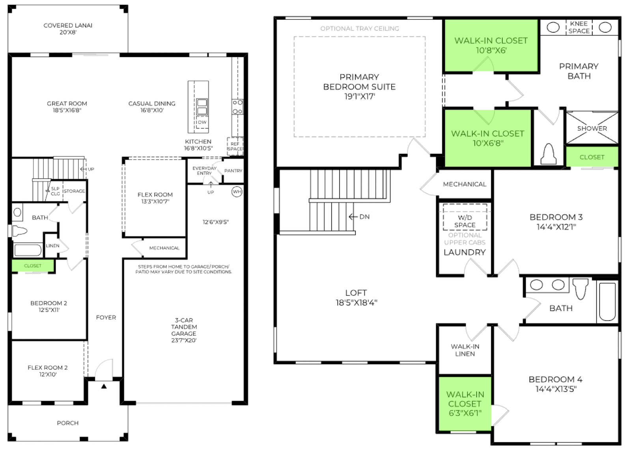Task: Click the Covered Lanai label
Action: coord(68,29)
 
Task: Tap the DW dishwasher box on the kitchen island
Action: coord(202,122)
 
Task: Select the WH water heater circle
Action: coord(237,192)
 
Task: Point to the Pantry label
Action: coord(233,171)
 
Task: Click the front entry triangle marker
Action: coord(104,387)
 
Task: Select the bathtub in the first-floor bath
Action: coord(28,250)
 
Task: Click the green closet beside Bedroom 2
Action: coord(33,266)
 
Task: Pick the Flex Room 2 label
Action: coord(48,371)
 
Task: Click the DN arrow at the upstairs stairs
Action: coord(353,217)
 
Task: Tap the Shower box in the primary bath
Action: coord(592,128)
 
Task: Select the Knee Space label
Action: coord(579,27)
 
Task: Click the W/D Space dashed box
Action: coord(465,217)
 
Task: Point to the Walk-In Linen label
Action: coord(465,350)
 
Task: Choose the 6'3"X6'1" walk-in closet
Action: coord(465,404)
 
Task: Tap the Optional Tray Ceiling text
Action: coord(359,28)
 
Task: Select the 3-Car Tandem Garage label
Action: coord(184,330)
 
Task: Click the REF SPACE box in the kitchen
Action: coord(235,146)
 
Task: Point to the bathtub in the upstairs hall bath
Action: coord(607,302)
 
